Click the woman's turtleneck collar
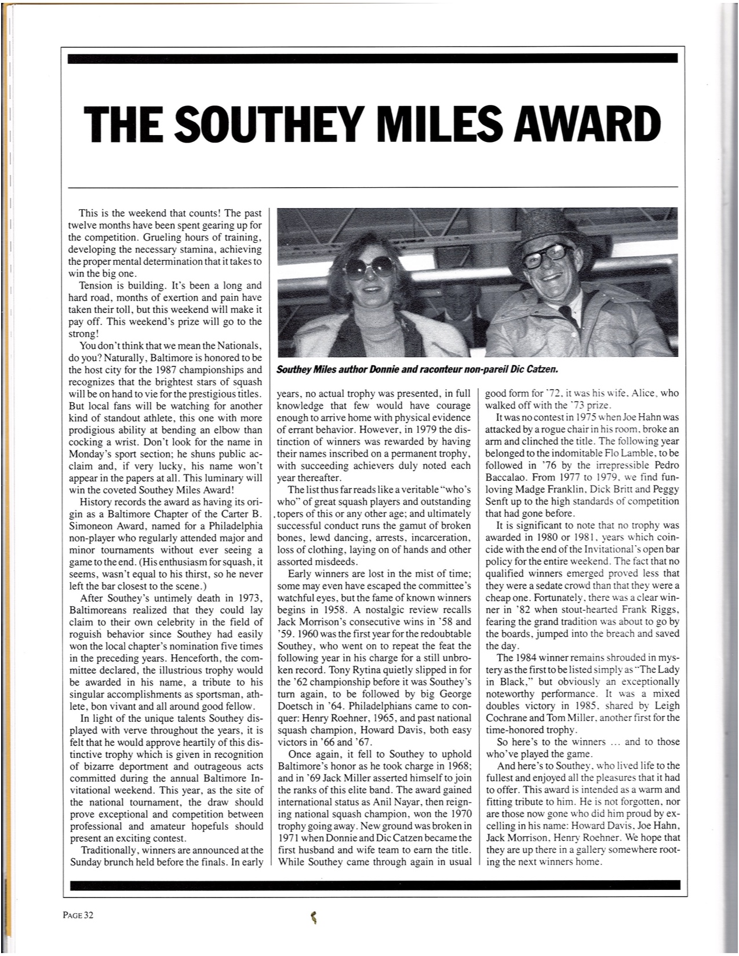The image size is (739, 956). (x=372, y=316)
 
